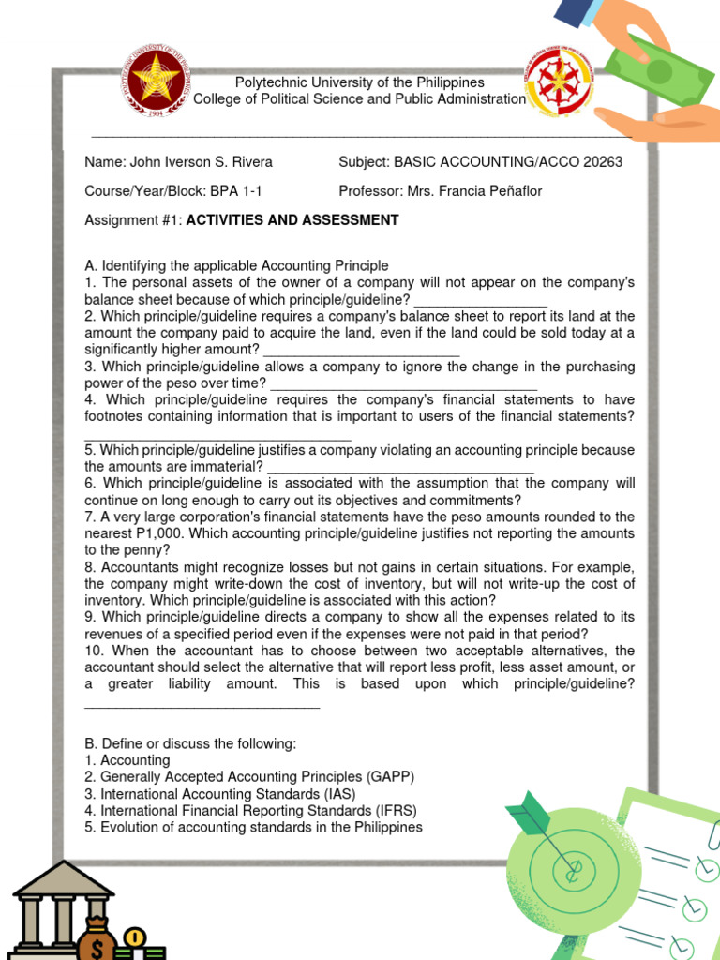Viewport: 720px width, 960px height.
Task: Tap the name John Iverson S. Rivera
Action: coord(201,162)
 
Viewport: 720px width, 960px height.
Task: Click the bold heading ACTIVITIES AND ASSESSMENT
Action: coord(292,220)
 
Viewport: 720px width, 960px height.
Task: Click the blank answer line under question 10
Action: coord(202,703)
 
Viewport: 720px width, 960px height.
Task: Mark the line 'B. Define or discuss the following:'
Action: coord(190,743)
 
